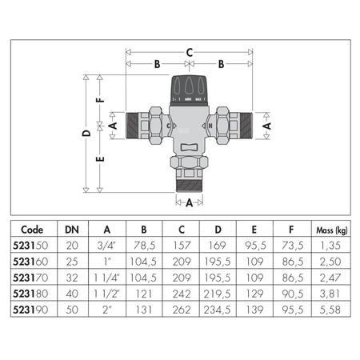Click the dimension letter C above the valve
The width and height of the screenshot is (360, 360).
point(190,52)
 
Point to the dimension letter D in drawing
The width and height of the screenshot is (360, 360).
point(86,134)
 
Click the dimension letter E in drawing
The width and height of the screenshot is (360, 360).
point(99,158)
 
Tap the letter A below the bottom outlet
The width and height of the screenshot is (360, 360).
point(189,203)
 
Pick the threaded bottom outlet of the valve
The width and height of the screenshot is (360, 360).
point(189,182)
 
